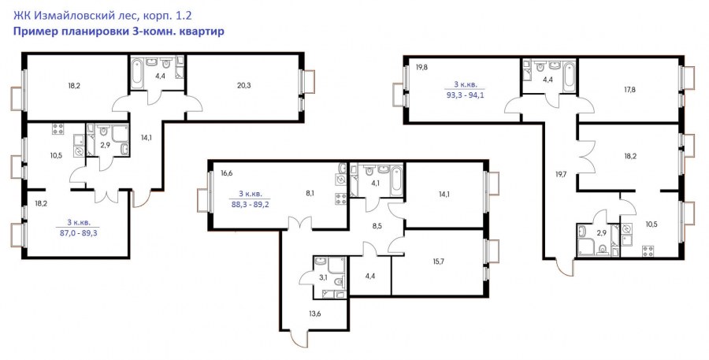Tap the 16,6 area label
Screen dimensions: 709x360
tap(227, 173)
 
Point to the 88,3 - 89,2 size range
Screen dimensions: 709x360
tap(250, 204)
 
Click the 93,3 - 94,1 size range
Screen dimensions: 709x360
tap(463, 95)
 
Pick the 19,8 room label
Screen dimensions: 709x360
tap(422, 68)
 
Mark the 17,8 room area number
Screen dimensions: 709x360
tap(630, 90)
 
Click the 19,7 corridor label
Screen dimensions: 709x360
tap(561, 173)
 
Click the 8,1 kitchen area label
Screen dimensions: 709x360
tap(310, 193)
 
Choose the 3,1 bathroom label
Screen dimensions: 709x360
tap(323, 278)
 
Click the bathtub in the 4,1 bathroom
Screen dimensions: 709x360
tap(396, 180)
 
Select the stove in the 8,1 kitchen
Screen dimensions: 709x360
tap(341, 199)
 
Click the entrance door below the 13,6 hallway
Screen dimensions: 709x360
tap(299, 340)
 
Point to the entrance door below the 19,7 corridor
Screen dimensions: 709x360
tap(565, 267)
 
